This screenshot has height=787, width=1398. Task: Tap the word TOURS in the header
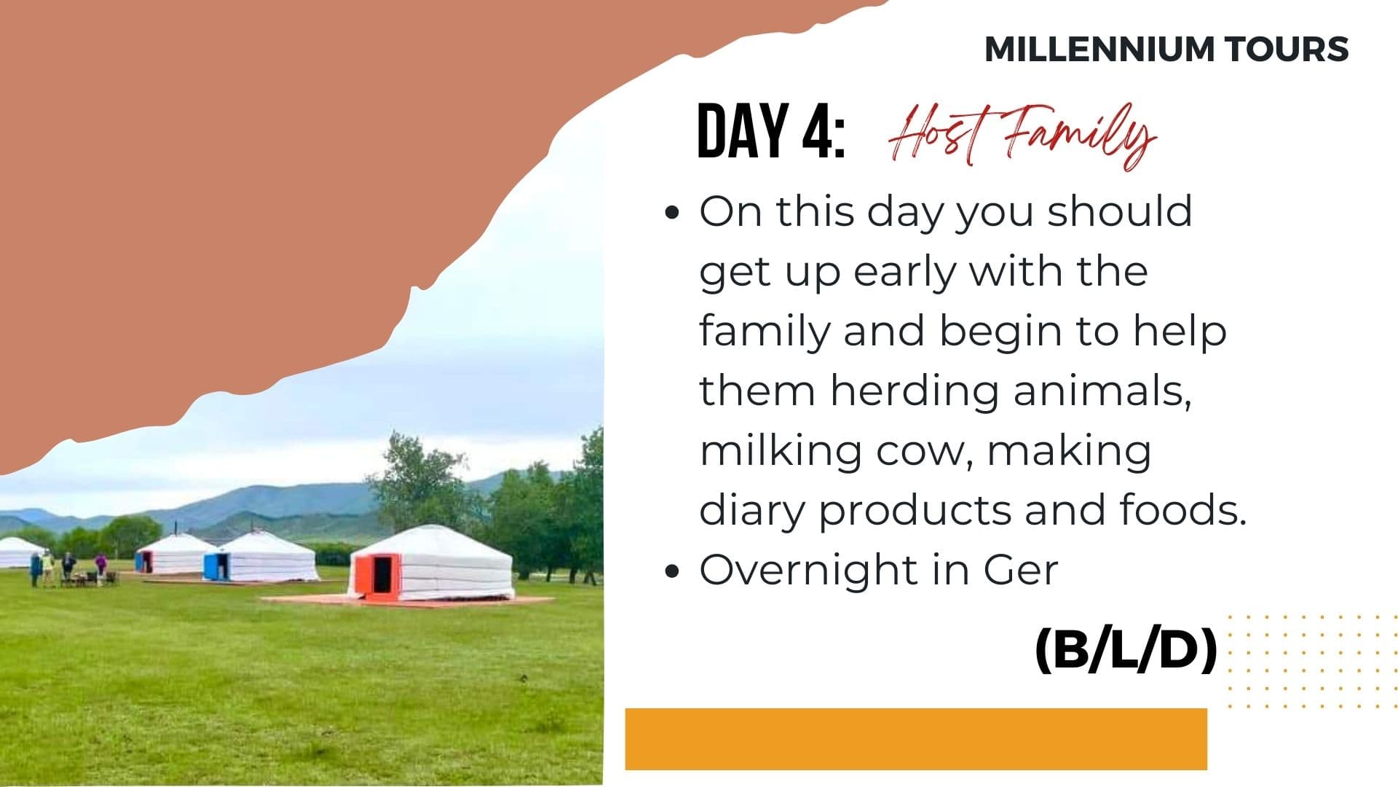pyautogui.click(x=1286, y=49)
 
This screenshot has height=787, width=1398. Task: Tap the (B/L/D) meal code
pyautogui.click(x=1126, y=650)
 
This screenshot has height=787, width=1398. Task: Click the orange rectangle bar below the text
pyautogui.click(x=916, y=739)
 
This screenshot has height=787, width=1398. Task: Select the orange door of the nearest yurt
pyautogui.click(x=378, y=576)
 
